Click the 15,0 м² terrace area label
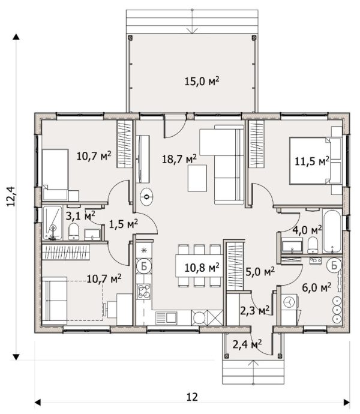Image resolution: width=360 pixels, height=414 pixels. point(202,81)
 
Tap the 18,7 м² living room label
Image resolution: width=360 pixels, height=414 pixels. point(179,159)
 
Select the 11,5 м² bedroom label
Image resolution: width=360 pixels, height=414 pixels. point(312,161)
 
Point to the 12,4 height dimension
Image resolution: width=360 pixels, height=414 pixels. point(11,196)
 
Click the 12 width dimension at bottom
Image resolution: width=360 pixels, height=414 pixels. point(192,397)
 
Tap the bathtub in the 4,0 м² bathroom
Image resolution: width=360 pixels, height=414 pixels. point(332,231)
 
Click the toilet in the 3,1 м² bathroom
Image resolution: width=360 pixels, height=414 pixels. point(74,231)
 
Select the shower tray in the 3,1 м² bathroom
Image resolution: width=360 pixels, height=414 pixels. point(52,223)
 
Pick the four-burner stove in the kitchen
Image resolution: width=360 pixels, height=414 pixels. point(143,292)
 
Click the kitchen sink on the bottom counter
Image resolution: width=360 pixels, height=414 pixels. point(166,318)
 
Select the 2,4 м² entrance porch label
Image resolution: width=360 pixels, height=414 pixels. point(247,344)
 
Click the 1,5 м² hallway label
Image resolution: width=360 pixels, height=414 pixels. point(124,224)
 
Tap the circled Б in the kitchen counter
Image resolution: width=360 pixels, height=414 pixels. point(144,266)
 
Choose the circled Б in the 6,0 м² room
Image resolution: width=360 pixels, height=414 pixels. point(334,265)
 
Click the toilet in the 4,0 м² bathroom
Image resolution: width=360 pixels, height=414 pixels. point(313,245)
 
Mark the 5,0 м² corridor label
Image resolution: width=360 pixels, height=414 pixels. point(260,271)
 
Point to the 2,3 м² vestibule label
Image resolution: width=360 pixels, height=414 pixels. point(254,311)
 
